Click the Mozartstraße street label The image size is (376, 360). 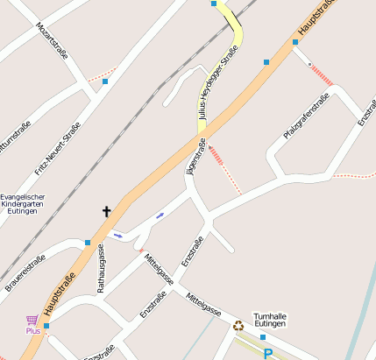point(52,39)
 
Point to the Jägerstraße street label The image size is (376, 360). point(196,156)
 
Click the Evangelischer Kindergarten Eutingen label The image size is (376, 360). point(24,204)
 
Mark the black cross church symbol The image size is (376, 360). point(108,211)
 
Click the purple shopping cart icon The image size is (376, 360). point(32,321)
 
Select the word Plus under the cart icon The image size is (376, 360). point(33,331)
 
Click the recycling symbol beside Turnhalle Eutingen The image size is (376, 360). point(238,326)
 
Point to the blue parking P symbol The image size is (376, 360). point(268,354)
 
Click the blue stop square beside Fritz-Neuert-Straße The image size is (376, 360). point(105,81)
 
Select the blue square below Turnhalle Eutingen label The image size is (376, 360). point(262,336)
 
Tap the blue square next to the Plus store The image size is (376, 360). point(46,326)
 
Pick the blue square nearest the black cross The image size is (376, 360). point(88,243)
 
